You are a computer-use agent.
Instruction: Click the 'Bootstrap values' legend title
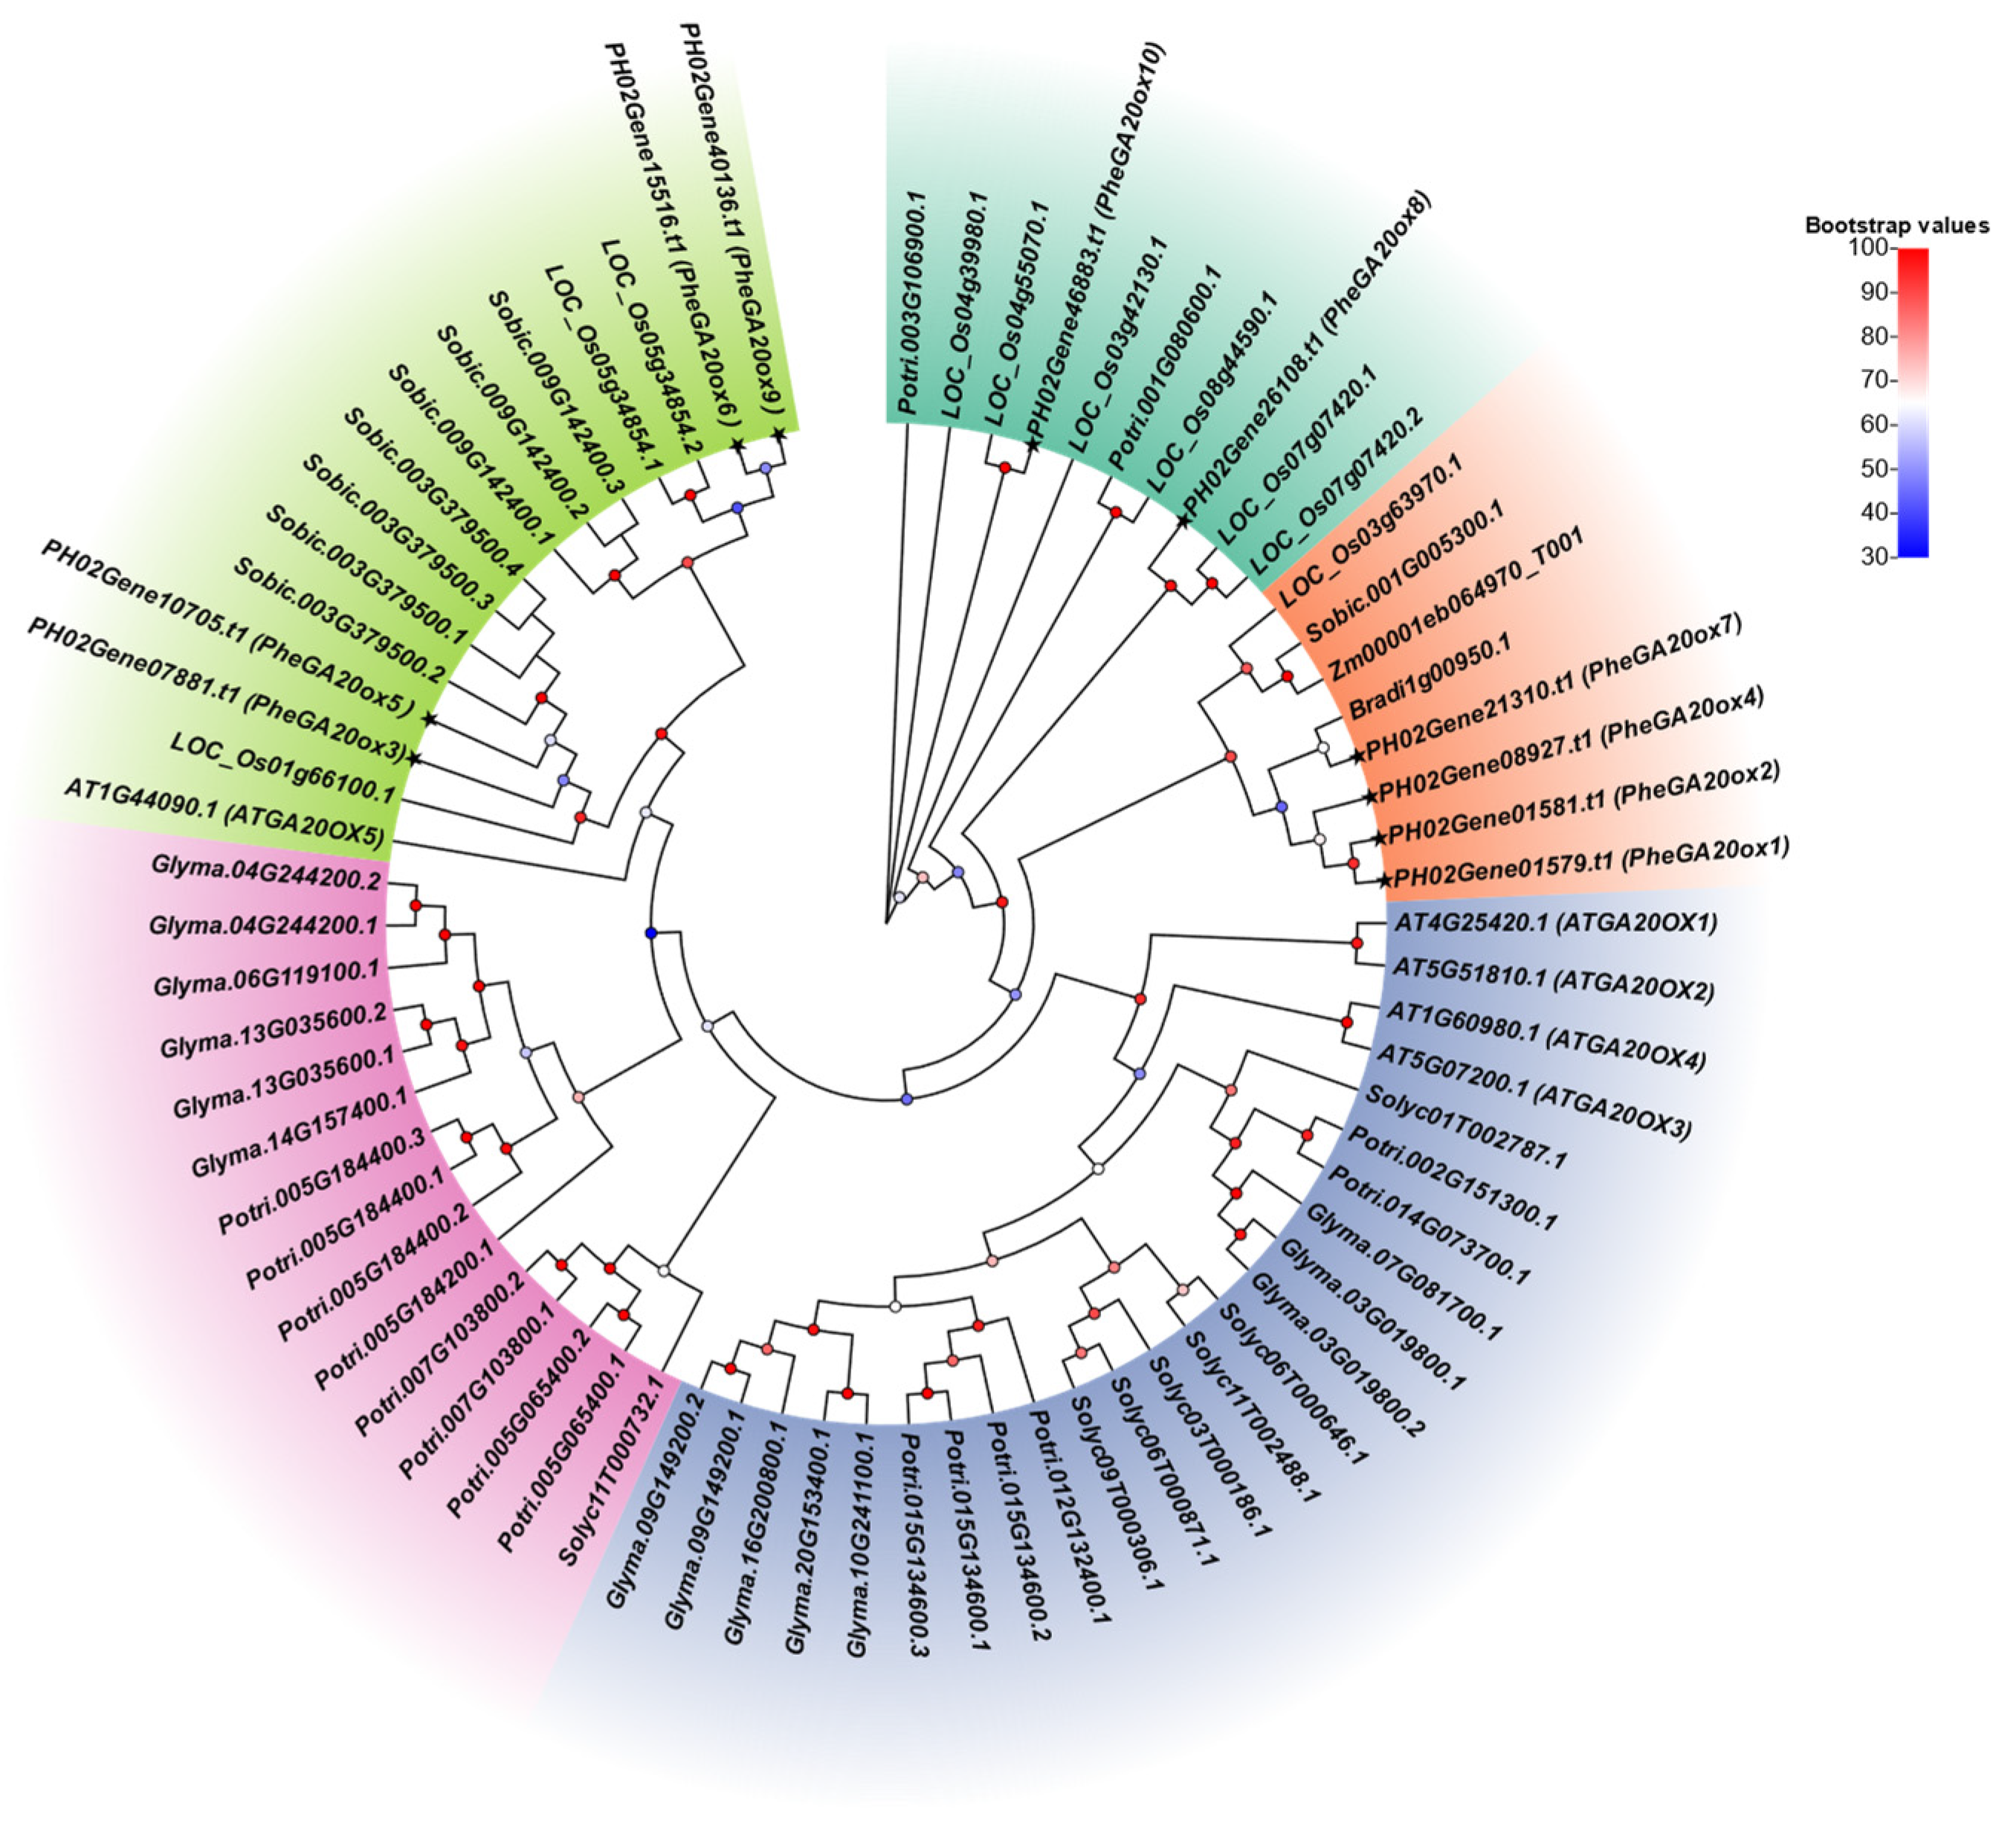pyautogui.click(x=1896, y=225)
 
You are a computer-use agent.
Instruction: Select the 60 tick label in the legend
pyautogui.click(x=1873, y=425)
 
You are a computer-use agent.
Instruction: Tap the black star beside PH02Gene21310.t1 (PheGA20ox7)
pyautogui.click(x=1357, y=756)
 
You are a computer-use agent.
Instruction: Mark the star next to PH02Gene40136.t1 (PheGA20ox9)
pyautogui.click(x=778, y=434)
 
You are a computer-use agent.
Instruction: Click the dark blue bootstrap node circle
pyautogui.click(x=651, y=933)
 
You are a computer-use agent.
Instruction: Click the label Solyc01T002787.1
pyautogui.click(x=1465, y=1127)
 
